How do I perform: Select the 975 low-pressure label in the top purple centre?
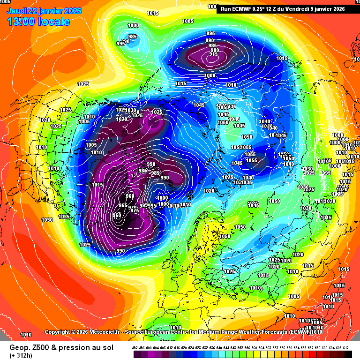coord(213,54)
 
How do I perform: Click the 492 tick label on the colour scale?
coord(135,347)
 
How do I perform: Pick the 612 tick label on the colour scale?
coord(346,347)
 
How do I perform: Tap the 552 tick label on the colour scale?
coord(240,347)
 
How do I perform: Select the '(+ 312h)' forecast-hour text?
coord(22,355)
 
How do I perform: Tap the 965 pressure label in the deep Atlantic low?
coord(123,205)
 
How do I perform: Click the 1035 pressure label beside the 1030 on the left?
coord(64,217)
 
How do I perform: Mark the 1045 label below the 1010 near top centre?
coord(199,105)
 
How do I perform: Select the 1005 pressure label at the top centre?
coord(188,21)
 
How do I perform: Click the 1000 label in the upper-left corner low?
coord(133,25)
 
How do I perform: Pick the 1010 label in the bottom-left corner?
coord(26,335)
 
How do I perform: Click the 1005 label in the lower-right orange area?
coord(294,296)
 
